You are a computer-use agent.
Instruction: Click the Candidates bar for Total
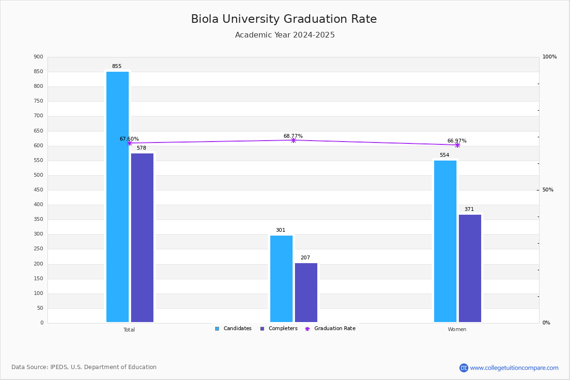tap(117, 197)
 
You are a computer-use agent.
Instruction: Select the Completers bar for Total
tap(142, 237)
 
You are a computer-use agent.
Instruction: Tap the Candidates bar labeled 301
tap(281, 279)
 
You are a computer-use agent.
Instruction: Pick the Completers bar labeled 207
tap(306, 293)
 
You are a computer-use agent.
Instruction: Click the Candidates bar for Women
tap(445, 241)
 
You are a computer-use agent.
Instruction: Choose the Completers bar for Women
tap(470, 268)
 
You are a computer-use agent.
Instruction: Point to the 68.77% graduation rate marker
tap(293, 140)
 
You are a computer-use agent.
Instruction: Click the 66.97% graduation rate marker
tap(457, 145)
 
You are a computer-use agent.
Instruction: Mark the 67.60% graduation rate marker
tap(129, 143)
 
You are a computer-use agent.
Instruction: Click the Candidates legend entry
tap(233, 329)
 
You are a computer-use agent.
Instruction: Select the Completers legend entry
tap(279, 329)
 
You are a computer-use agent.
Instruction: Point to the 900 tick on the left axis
tap(38, 57)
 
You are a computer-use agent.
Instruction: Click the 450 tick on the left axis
tap(38, 190)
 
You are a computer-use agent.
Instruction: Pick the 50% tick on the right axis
tap(548, 190)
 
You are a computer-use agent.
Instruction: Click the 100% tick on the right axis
tap(549, 57)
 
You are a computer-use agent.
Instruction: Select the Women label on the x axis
tap(457, 330)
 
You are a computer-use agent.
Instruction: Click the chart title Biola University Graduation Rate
tap(284, 19)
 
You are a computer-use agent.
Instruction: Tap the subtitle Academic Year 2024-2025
tap(285, 35)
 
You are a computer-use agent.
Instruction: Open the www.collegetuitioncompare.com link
tap(514, 368)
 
